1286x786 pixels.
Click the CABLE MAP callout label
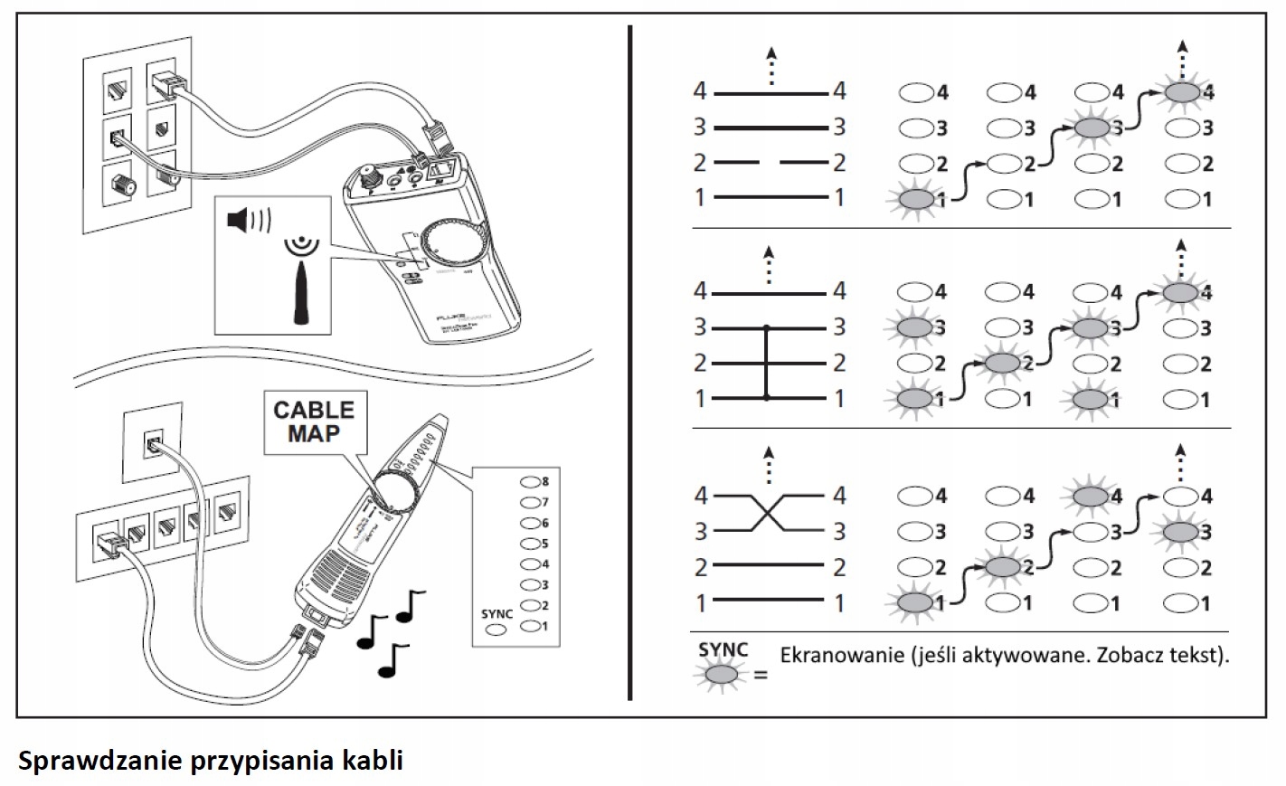(x=314, y=421)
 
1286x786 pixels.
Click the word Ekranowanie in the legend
(x=842, y=655)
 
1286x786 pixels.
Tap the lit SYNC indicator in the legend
(x=721, y=674)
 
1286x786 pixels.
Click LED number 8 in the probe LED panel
(x=530, y=481)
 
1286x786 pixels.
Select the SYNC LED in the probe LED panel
(x=496, y=630)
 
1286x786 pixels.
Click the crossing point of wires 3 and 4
(x=769, y=513)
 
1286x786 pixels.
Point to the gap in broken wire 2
(x=770, y=163)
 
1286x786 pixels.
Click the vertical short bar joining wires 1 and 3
(x=767, y=362)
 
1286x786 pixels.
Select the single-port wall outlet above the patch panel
(x=151, y=444)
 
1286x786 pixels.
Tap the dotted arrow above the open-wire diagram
(x=771, y=65)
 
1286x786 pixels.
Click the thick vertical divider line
(x=629, y=362)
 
